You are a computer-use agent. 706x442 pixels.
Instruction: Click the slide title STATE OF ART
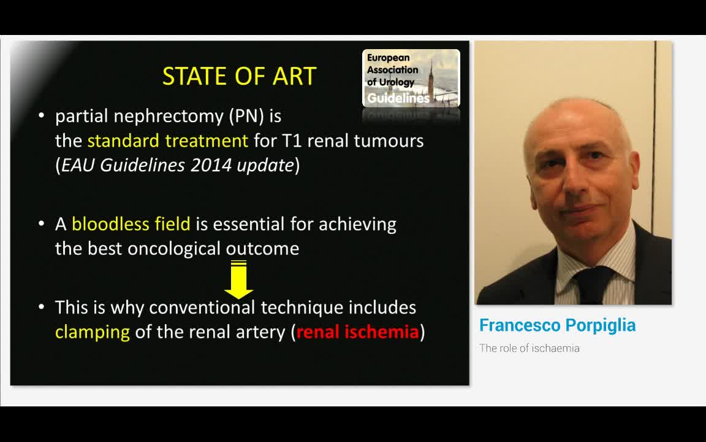[x=239, y=76]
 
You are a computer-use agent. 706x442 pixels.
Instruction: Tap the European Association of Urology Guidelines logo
[x=411, y=78]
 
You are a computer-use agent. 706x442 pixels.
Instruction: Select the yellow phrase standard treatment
[x=167, y=141]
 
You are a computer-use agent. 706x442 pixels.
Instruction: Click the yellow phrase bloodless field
[x=131, y=224]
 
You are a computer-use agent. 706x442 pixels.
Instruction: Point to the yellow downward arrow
[x=238, y=279]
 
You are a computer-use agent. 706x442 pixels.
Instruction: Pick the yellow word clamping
[x=93, y=332]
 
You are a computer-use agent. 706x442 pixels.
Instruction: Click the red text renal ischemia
[x=357, y=332]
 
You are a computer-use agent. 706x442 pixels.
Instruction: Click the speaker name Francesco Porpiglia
[x=557, y=325]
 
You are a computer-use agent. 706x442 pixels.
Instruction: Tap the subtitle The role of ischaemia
[x=529, y=348]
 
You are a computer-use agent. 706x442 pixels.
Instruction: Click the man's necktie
[x=593, y=285]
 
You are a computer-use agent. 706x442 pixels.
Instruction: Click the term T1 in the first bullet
[x=292, y=141]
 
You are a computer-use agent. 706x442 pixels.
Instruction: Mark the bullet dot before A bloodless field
[x=42, y=224]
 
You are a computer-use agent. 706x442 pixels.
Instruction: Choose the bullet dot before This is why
[x=42, y=307]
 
